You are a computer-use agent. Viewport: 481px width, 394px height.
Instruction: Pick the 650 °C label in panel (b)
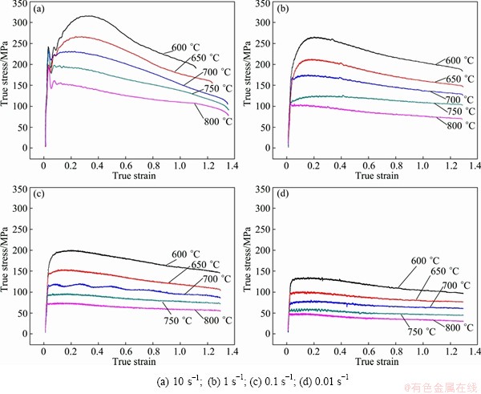(x=455, y=79)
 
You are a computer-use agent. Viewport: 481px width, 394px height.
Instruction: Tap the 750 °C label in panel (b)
(x=455, y=111)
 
